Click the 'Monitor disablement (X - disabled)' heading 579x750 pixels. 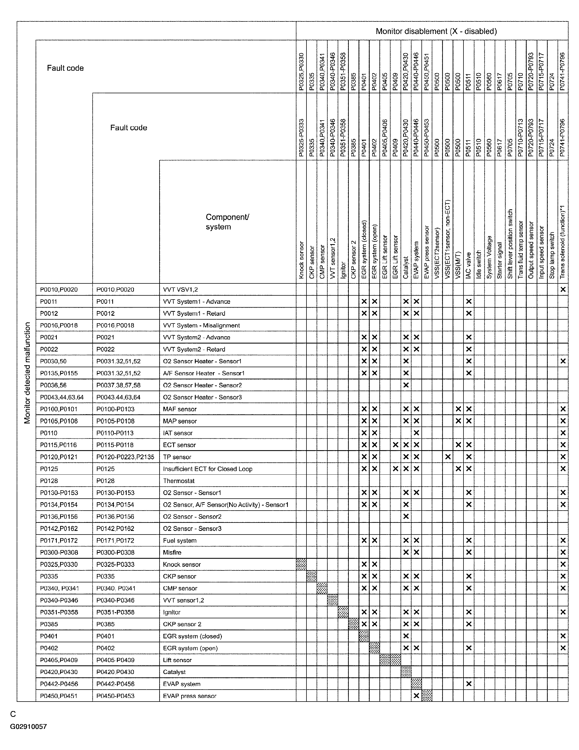tap(436, 31)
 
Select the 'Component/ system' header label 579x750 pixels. tap(227, 222)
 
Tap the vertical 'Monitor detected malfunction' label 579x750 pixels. tap(28, 372)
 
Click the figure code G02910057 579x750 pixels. tap(28, 726)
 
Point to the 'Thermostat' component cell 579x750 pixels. tap(179, 481)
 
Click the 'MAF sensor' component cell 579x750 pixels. tap(180, 409)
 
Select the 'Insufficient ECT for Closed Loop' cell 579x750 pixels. tap(207, 469)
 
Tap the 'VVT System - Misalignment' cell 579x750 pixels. tap(201, 325)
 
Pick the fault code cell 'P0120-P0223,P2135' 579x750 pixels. tap(125, 457)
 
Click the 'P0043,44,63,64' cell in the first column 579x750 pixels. tap(62, 397)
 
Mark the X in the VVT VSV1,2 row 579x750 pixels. tap(563, 290)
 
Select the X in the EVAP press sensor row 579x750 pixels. tap(416, 696)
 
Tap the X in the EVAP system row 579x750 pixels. tap(469, 684)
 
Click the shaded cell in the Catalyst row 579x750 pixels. tap(406, 672)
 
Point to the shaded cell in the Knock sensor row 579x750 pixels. tap(301, 564)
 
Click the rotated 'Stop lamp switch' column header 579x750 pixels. tap(552, 255)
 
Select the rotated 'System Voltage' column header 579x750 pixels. tap(489, 257)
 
